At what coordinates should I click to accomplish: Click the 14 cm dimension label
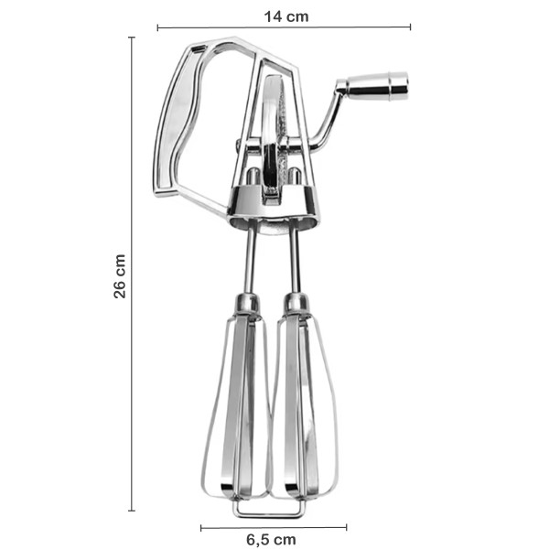[x=286, y=16]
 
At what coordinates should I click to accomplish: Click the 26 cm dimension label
[x=119, y=276]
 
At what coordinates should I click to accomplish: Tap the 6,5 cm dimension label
[x=271, y=540]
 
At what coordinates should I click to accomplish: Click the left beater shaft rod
[x=250, y=260]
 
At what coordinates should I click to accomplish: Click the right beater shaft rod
[x=295, y=260]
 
